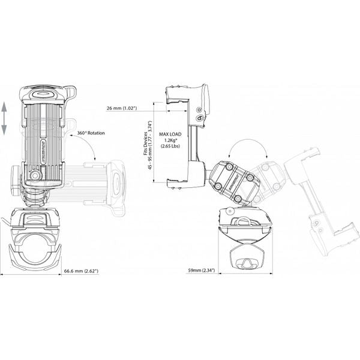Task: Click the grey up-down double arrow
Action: (x=5, y=118)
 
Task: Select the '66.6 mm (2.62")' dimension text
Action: (x=81, y=271)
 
